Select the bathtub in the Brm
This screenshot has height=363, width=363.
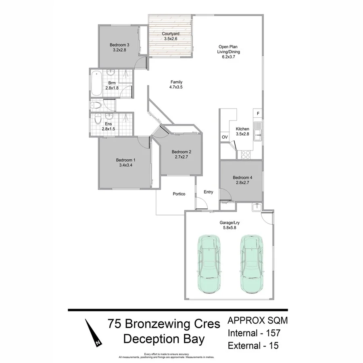coord(96,83)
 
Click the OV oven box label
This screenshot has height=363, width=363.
coord(225,137)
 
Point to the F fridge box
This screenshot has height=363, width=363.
coord(258,113)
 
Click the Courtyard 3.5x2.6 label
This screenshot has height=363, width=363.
coord(171,36)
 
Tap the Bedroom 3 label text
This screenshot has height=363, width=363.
coord(119,45)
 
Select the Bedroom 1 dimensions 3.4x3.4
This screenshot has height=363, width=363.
coord(126,165)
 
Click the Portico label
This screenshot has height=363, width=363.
coord(179,194)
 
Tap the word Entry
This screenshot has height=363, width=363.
coord(208,192)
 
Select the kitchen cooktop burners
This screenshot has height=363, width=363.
coord(245,153)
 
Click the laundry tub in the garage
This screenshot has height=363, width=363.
coord(257,208)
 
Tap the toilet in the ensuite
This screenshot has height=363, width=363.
coord(97,119)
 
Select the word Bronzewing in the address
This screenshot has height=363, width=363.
coord(163,324)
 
